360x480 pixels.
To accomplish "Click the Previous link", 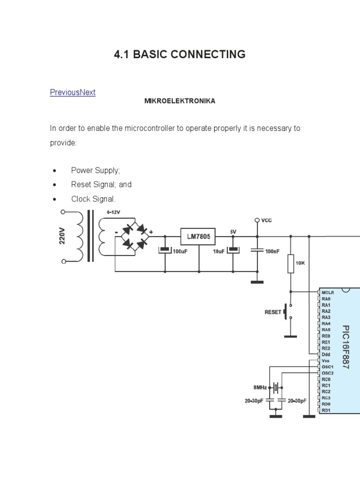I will tap(65, 92).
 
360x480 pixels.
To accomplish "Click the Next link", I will tap(88, 92).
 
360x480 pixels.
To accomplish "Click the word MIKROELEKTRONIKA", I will tap(180, 101).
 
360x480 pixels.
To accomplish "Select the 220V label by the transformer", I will tap(62, 236).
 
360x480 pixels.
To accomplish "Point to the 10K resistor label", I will tap(300, 263).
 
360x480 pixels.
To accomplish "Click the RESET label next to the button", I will tap(273, 312).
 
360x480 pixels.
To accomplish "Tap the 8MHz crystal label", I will tap(260, 387).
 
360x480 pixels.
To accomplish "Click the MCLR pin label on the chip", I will tap(329, 292).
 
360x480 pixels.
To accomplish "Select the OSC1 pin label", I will tap(328, 367).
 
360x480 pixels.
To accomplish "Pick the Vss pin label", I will tap(326, 360).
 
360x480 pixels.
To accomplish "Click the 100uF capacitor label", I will tap(180, 252).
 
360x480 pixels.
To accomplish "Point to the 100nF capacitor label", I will tap(272, 252).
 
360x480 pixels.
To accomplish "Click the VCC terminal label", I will tap(266, 220).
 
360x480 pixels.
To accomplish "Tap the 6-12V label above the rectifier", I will tap(114, 212).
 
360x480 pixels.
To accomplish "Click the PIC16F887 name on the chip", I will tap(346, 347).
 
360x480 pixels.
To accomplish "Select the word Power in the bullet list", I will tap(82, 170).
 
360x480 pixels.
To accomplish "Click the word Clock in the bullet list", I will tap(81, 199).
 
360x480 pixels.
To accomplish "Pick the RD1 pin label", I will tap(326, 410).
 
